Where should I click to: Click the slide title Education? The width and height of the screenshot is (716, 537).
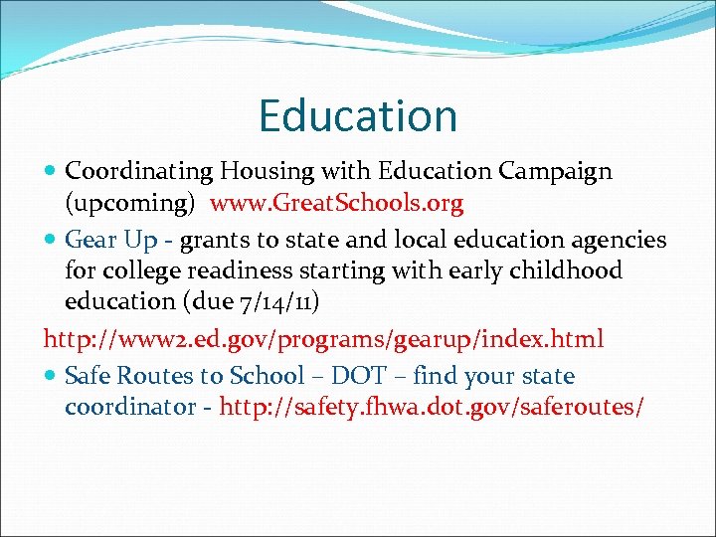[358, 115]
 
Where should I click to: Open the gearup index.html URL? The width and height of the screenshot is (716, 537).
[323, 339]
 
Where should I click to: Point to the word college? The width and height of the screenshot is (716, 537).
[137, 270]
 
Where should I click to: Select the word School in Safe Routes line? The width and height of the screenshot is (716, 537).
[266, 377]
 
